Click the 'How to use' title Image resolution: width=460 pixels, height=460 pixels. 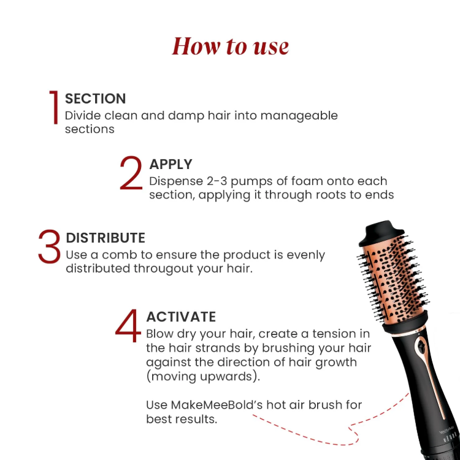pos(230,47)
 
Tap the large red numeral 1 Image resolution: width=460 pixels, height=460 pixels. pos(54,108)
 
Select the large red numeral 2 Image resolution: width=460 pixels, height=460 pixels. pos(131,174)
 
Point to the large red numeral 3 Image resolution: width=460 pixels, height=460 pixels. pos(49,247)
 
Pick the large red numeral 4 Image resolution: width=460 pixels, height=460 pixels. pos(128,326)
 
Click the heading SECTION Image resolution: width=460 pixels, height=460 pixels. pos(95,99)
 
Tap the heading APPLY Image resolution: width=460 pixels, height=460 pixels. pos(171,164)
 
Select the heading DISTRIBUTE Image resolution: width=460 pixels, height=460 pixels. pos(105,238)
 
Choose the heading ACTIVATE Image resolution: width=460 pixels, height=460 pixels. pos(181,317)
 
